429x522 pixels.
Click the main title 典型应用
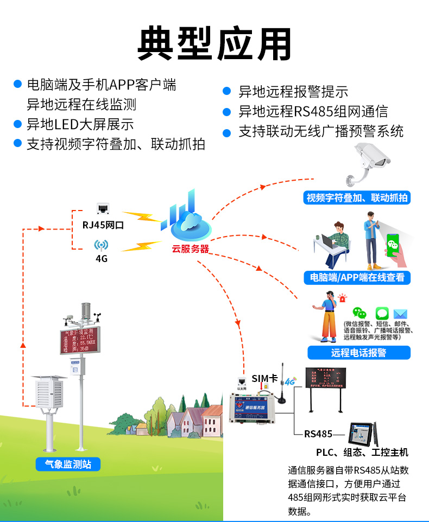click(x=214, y=43)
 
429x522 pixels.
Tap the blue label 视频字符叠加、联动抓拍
click(x=357, y=198)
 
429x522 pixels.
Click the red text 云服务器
click(x=190, y=249)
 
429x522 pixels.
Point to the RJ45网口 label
click(x=103, y=225)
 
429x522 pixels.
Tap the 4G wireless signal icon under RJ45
click(x=102, y=245)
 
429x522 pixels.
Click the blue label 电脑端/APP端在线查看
click(x=357, y=277)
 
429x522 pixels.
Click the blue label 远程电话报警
click(x=358, y=352)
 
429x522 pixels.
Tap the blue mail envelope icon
click(x=400, y=314)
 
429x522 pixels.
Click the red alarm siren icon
click(x=343, y=298)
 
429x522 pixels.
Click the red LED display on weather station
click(x=80, y=340)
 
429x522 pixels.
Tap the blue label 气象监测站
click(x=68, y=464)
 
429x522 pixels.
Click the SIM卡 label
click(x=264, y=378)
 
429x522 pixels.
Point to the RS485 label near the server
click(x=318, y=434)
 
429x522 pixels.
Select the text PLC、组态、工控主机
click(x=362, y=452)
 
